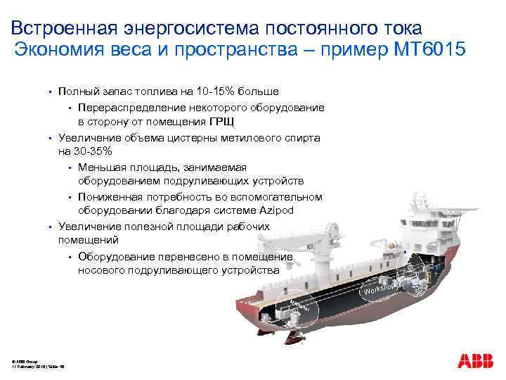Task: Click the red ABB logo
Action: point(476,362)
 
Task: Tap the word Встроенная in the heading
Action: point(63,28)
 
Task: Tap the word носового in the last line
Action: point(103,270)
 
